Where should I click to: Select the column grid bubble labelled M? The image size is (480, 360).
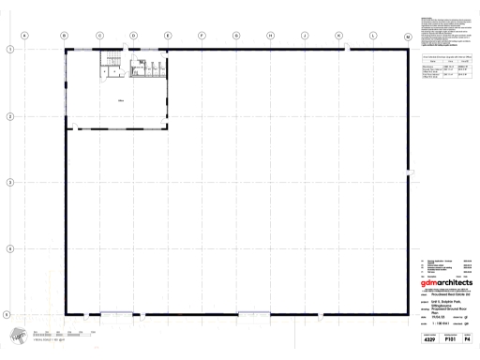[408, 36]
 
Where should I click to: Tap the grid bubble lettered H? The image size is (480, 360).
[270, 35]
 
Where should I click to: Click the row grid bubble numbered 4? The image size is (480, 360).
[8, 248]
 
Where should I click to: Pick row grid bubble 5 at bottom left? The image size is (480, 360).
[8, 315]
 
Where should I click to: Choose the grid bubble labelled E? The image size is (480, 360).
[168, 35]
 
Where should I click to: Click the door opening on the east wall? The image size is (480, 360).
[409, 171]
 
